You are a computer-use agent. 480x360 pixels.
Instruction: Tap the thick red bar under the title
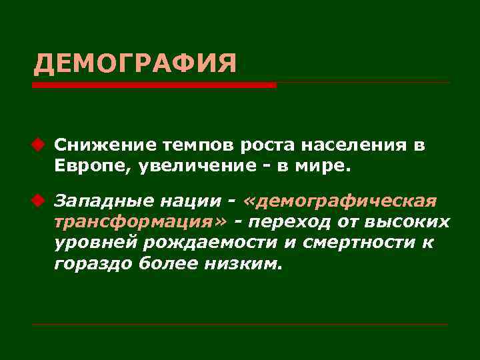click(x=153, y=85)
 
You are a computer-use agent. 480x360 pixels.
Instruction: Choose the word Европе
click(x=93, y=166)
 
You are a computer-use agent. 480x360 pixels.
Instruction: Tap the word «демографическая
click(x=340, y=201)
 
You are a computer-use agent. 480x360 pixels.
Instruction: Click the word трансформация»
click(x=141, y=222)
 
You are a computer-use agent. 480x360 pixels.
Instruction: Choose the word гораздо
click(x=94, y=264)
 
